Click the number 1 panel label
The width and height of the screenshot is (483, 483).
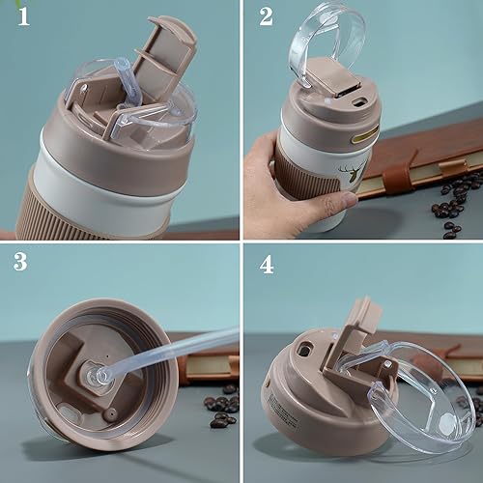tap(19, 18)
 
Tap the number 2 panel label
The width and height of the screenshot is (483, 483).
tap(266, 18)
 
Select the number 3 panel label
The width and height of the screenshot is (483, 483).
tap(19, 263)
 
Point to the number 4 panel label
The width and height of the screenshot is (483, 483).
tap(266, 263)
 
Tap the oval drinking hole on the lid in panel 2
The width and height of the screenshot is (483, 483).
tap(359, 99)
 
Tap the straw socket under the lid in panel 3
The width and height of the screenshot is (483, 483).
tap(97, 370)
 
